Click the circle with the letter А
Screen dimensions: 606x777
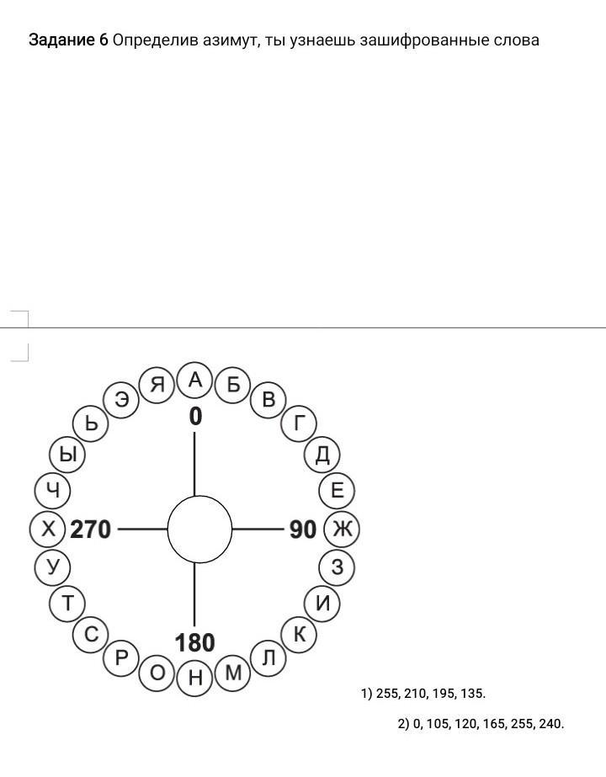click(x=195, y=380)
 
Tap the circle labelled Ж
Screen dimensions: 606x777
click(x=342, y=530)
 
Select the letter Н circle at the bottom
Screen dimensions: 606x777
click(x=195, y=678)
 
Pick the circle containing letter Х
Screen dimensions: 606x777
click(x=48, y=530)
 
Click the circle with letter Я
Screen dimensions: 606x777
click(x=157, y=385)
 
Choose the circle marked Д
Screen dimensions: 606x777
click(x=322, y=455)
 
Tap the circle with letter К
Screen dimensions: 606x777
click(x=300, y=634)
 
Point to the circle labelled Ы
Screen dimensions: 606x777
click(x=67, y=455)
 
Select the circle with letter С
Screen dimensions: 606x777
click(x=91, y=634)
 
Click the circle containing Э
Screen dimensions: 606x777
click(x=121, y=399)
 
